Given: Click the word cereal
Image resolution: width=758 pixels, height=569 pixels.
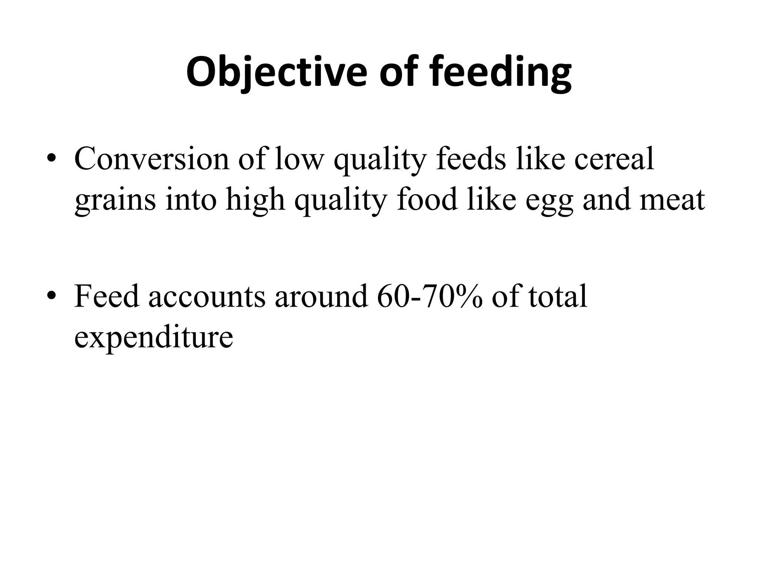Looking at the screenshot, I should [614, 159].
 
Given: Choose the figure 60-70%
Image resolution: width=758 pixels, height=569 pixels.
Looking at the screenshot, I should [430, 296].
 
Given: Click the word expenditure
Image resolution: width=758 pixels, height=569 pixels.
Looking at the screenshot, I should [154, 338].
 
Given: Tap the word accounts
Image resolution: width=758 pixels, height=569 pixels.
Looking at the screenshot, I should [207, 296].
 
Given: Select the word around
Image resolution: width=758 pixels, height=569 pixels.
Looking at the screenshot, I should [321, 296].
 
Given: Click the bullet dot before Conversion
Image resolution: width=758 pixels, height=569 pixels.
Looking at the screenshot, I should [51, 159].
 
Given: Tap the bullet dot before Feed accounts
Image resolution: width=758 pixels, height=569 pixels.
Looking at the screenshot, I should [51, 297].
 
